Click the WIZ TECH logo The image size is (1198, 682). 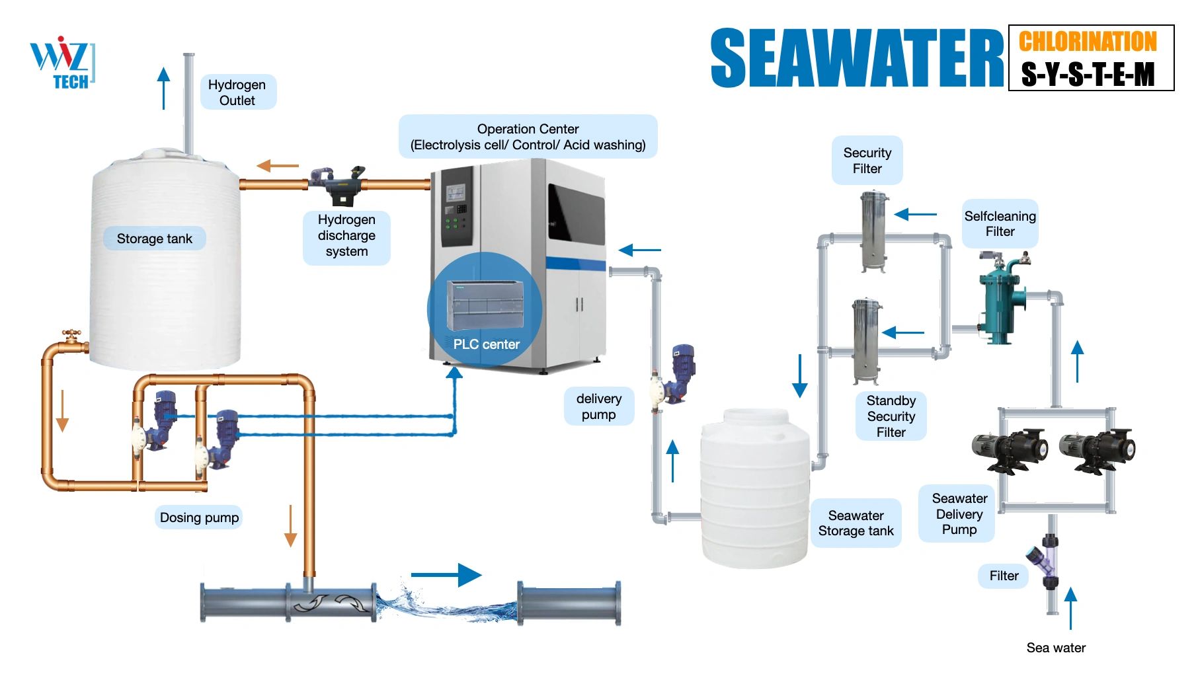62,63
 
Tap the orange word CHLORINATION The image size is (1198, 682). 1088,41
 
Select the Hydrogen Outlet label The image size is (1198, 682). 237,93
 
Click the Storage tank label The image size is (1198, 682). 154,239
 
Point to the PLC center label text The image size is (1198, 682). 486,344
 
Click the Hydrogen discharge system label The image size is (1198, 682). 346,236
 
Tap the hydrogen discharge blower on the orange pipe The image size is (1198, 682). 338,184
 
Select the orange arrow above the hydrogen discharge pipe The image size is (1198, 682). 278,165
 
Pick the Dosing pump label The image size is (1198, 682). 199,517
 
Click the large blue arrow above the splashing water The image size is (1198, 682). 446,574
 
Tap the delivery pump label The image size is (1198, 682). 598,406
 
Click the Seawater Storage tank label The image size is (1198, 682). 856,523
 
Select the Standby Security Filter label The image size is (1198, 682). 891,416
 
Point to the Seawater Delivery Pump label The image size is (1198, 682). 959,514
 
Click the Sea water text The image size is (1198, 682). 1056,648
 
